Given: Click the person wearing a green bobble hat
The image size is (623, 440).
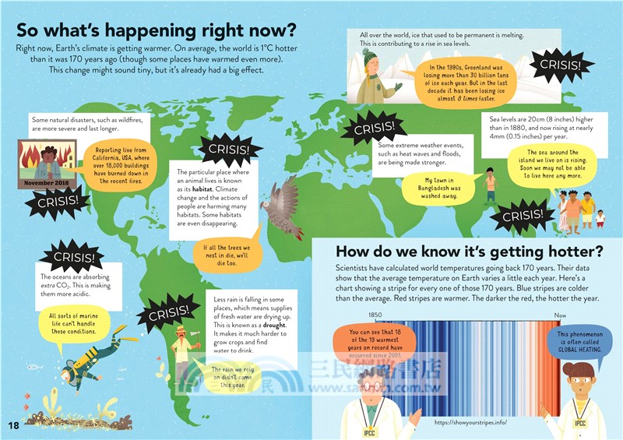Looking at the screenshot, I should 372,75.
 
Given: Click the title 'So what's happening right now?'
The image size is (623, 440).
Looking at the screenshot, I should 156,31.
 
